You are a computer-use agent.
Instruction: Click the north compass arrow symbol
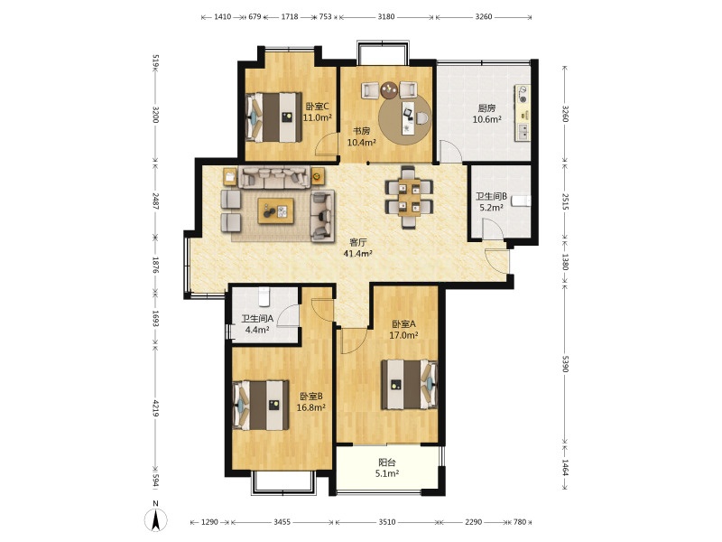(x=156, y=521)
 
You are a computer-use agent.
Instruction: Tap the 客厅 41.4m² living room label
(x=357, y=248)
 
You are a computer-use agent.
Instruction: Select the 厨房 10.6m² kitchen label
(x=486, y=114)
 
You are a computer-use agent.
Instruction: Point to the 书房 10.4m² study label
(x=362, y=137)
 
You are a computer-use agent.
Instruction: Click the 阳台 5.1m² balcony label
(x=387, y=468)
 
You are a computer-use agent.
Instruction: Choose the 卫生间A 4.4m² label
(x=257, y=324)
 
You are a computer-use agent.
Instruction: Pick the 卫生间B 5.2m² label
(x=491, y=201)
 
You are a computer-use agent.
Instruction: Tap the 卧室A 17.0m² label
(x=403, y=330)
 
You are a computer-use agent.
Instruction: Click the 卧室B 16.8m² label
(x=311, y=402)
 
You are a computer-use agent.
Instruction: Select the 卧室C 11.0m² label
(x=318, y=112)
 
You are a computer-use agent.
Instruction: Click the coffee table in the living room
(x=276, y=211)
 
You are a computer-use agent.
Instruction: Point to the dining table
(x=410, y=197)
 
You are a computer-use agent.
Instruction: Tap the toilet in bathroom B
(x=522, y=201)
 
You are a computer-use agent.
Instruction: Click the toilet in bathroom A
(x=264, y=296)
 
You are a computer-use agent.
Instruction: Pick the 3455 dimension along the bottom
(x=282, y=522)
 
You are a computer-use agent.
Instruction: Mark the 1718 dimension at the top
(x=289, y=17)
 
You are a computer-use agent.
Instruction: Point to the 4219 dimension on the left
(x=155, y=409)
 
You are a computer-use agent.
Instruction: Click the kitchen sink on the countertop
(x=523, y=132)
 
